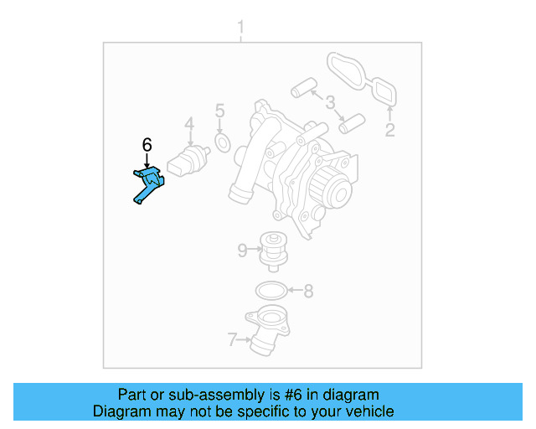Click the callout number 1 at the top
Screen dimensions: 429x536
click(240, 30)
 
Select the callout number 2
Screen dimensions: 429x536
click(389, 130)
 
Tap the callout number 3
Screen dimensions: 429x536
click(330, 103)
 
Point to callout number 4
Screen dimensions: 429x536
click(189, 126)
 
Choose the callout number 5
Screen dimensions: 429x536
click(219, 111)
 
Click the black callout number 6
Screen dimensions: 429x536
click(147, 145)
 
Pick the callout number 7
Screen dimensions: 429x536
click(232, 339)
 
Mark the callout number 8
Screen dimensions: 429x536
click(308, 292)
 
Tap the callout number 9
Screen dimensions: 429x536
click(242, 250)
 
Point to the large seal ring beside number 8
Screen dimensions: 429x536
click(268, 292)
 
